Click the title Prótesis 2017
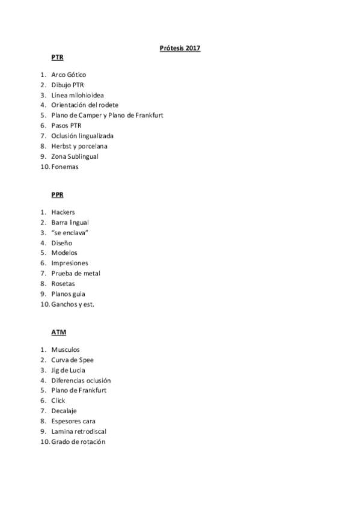[180, 48]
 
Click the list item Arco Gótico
[69, 75]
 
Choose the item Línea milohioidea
[77, 95]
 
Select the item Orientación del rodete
[84, 105]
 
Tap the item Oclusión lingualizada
[82, 136]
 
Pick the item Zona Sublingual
[75, 156]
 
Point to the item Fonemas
[65, 167]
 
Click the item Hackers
[63, 212]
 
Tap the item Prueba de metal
[76, 273]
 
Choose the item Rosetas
[63, 283]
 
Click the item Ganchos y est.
[73, 304]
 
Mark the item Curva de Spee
[72, 360]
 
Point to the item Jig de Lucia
[68, 370]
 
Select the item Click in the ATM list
[58, 401]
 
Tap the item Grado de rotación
[78, 441]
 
